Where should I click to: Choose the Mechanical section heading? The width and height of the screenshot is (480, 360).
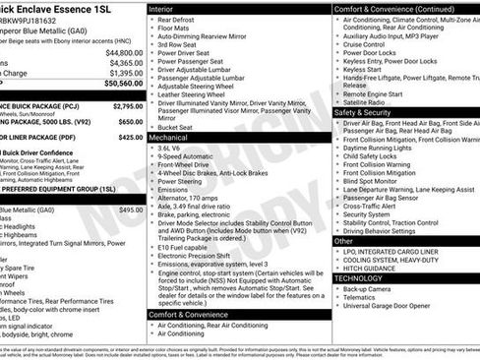coord(169,139)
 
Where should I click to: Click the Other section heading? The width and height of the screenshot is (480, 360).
coord(343,240)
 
